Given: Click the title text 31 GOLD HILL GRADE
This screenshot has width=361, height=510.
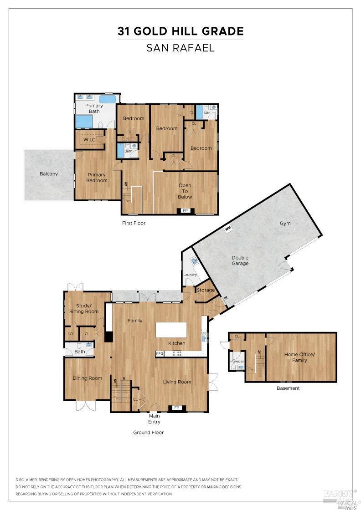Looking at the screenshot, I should click(180, 31).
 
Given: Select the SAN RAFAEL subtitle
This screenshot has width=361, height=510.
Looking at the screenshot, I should click(180, 48).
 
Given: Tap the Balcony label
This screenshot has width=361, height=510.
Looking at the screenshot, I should click(48, 174).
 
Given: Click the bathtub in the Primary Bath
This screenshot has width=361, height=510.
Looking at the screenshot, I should click(108, 99).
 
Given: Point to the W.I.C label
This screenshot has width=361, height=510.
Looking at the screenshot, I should click(89, 139).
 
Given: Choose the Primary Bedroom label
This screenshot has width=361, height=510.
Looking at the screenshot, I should click(97, 178).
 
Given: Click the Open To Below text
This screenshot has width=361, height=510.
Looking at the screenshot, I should click(185, 191).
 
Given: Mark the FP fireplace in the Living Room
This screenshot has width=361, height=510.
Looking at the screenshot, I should click(177, 408).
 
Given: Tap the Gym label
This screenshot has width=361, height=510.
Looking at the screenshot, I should click(285, 223).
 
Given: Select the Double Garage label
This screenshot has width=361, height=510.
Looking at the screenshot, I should click(240, 260).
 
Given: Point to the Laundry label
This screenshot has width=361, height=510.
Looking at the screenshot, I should click(190, 275).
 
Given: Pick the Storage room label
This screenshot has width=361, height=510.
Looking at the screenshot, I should click(206, 290).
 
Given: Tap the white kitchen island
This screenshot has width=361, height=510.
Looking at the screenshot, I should click(171, 329).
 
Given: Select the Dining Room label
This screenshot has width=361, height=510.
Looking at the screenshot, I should click(88, 378).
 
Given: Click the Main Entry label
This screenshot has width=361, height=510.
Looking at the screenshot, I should click(155, 418).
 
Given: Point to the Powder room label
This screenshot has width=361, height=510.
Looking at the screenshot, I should click(237, 361).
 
